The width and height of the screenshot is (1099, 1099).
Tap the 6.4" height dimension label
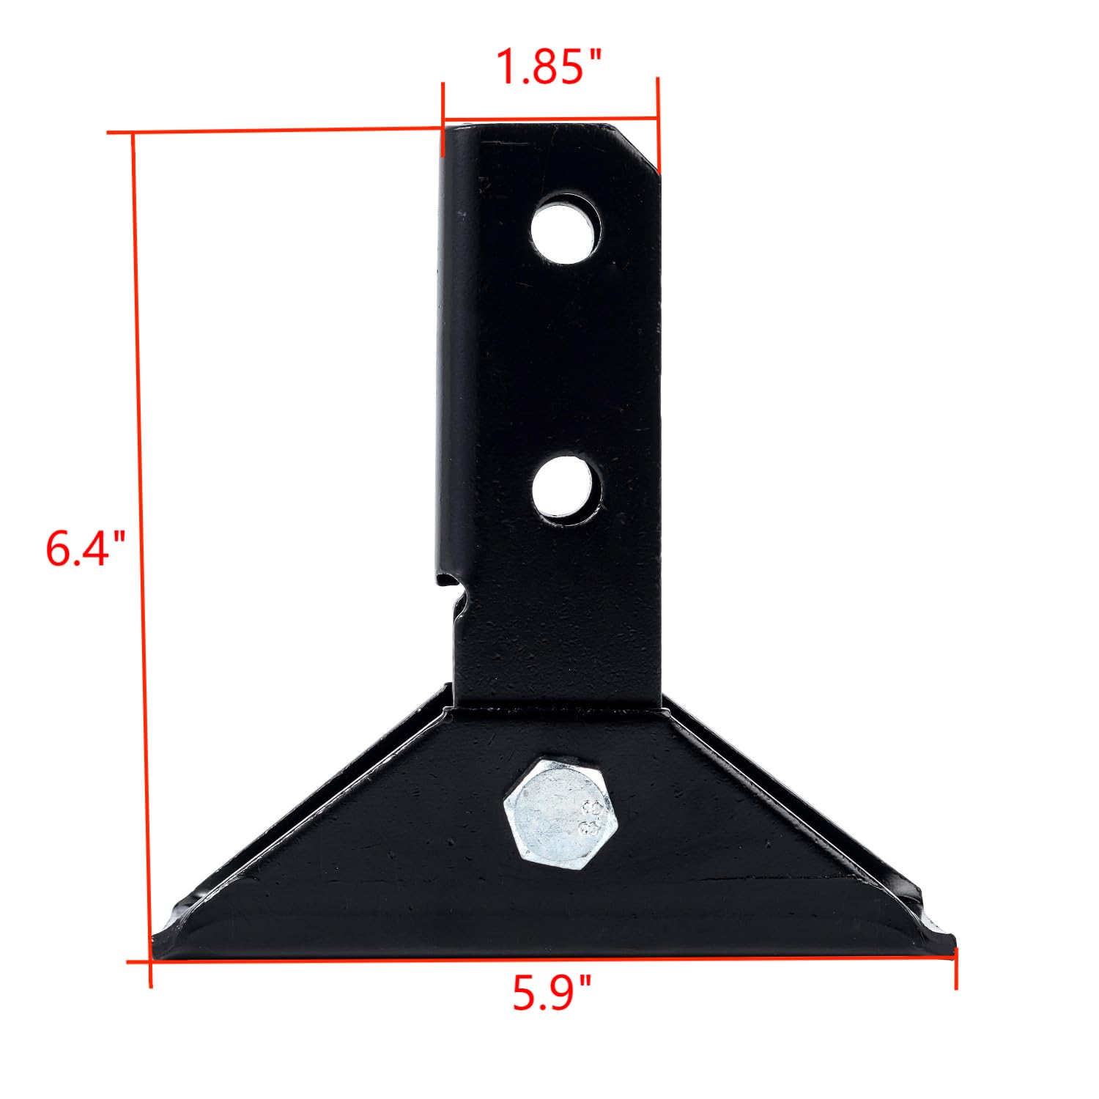[x=86, y=549]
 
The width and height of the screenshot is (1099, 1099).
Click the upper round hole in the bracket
[x=566, y=228]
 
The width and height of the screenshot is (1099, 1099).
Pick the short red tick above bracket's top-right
[x=658, y=121]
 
